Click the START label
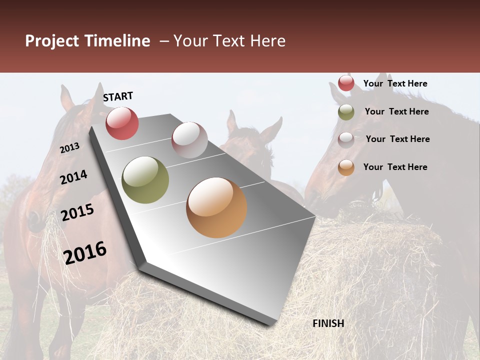[x=118, y=96]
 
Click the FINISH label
[x=328, y=323]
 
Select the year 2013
[x=70, y=148]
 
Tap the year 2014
[x=74, y=177]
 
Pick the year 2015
[x=77, y=212]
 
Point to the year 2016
[x=85, y=252]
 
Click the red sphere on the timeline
[x=122, y=123]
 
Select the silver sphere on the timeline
[x=189, y=139]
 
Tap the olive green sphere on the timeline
[x=145, y=180]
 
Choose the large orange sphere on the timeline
[x=216, y=207]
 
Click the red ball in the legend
[x=346, y=83]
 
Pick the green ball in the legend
[x=346, y=112]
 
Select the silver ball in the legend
[x=346, y=139]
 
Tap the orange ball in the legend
[x=346, y=167]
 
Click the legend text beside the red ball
[x=395, y=83]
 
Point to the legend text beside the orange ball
[x=395, y=167]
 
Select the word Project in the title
[x=52, y=41]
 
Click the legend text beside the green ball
[x=396, y=111]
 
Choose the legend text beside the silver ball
[x=397, y=139]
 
